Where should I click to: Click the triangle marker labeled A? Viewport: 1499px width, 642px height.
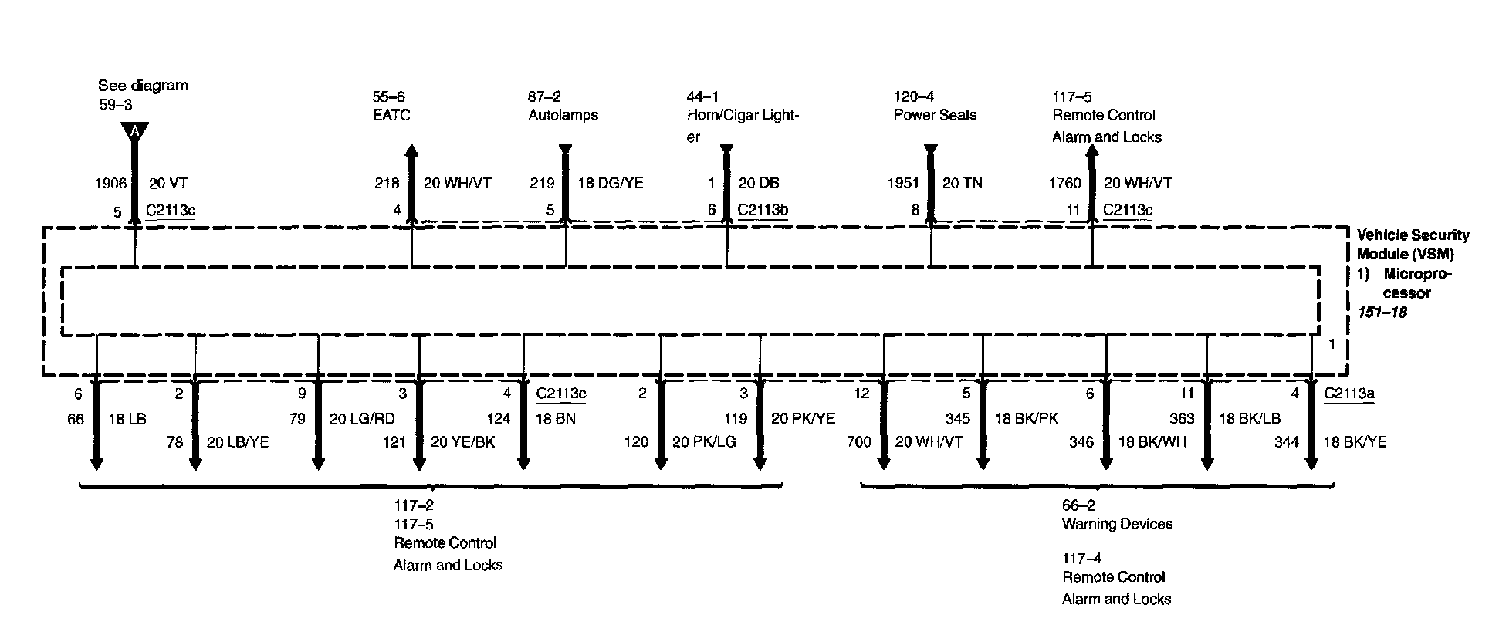(134, 131)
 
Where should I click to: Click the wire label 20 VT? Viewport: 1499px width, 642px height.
(167, 184)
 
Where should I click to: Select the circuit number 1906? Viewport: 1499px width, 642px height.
(110, 184)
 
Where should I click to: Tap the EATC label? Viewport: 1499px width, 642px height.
(391, 116)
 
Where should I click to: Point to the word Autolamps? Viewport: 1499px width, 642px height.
(563, 116)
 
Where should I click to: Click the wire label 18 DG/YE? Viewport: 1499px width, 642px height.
(610, 184)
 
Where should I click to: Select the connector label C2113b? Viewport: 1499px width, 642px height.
(763, 210)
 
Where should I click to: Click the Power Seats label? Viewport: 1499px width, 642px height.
(935, 116)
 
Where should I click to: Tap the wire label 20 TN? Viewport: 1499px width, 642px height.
(963, 184)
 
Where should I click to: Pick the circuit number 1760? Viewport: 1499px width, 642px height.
(1064, 184)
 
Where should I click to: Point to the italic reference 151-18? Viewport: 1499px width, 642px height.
(1382, 313)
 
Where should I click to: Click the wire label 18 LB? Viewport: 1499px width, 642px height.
(127, 420)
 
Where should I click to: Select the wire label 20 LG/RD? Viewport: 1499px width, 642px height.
(363, 420)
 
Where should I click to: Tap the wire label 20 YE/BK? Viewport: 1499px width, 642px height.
(463, 442)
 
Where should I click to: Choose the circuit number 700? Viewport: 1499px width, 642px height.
(858, 442)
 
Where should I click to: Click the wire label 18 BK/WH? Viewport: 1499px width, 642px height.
(1152, 442)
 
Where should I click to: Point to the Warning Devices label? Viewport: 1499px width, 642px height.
(1117, 525)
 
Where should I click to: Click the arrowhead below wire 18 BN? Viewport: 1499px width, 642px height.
(523, 462)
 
